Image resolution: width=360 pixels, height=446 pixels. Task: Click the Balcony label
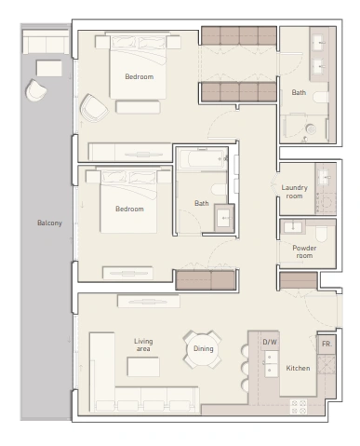click(x=49, y=223)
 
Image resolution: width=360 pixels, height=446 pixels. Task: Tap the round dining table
click(x=203, y=349)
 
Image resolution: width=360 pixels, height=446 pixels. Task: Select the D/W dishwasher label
click(x=270, y=342)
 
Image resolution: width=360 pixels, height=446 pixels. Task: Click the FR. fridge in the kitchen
click(x=327, y=345)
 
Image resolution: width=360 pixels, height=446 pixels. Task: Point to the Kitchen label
click(x=298, y=368)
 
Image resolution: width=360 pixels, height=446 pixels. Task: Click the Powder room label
click(x=304, y=251)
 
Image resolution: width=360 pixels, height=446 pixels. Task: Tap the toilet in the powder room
click(x=321, y=234)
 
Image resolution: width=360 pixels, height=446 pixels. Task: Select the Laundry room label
click(x=294, y=192)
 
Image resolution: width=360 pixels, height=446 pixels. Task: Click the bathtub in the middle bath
click(x=202, y=159)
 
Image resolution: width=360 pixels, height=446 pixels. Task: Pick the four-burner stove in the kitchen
click(x=299, y=407)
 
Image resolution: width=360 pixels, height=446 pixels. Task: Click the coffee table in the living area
click(x=143, y=367)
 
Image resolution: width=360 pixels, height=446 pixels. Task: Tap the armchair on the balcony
click(x=35, y=90)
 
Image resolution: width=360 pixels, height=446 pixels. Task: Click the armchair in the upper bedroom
click(x=93, y=107)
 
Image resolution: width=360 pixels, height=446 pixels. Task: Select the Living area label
click(x=143, y=345)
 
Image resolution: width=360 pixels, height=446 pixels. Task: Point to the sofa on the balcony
click(x=46, y=42)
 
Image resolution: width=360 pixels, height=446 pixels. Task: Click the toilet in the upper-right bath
click(x=320, y=97)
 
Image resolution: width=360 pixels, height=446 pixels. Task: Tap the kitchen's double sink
click(x=271, y=364)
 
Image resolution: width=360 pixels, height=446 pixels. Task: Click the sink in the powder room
click(x=292, y=226)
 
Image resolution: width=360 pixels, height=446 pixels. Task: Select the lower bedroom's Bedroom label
click(x=129, y=209)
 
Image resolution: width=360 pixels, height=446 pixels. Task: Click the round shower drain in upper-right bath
click(x=311, y=129)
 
